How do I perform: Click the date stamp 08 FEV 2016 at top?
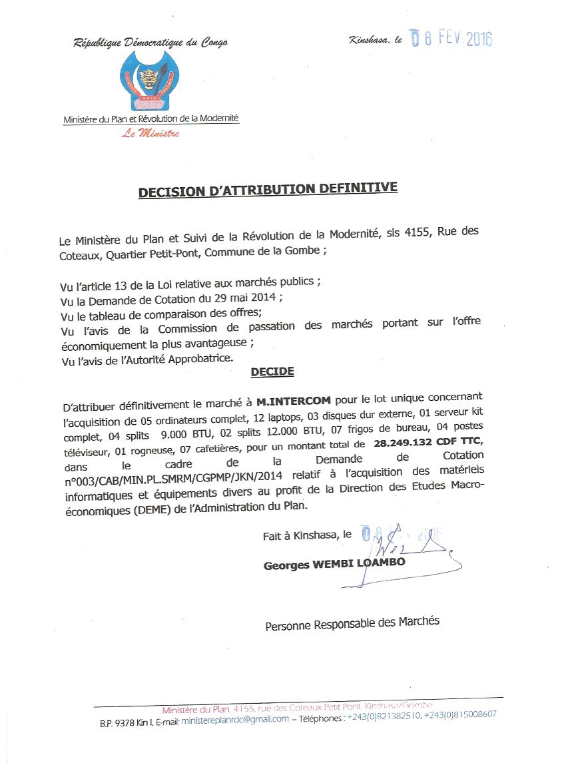click(x=451, y=39)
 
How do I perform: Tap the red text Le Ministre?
click(x=150, y=133)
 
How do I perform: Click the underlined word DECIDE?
click(x=272, y=372)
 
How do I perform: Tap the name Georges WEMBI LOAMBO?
click(x=334, y=565)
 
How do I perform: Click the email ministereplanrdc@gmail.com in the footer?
click(x=235, y=718)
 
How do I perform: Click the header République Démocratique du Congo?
click(x=150, y=43)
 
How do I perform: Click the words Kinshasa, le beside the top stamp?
click(x=375, y=41)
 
